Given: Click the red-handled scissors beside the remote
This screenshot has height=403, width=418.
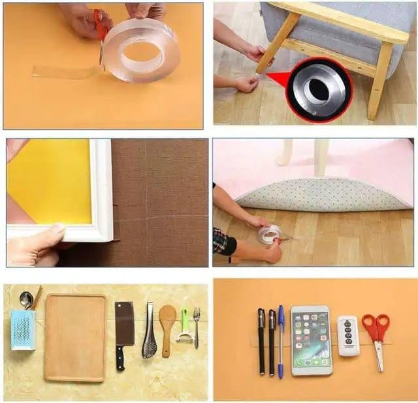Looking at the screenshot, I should [x=376, y=333].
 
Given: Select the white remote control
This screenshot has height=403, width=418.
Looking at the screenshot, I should [x=348, y=335].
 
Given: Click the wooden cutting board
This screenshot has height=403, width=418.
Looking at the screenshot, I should [x=75, y=337].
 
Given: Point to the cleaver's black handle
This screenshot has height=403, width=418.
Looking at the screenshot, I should [x=120, y=358].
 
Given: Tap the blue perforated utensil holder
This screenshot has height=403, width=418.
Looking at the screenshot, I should [x=23, y=329].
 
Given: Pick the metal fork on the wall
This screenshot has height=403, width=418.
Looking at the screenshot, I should [x=196, y=326].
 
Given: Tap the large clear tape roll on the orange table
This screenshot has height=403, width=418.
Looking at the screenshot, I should [x=140, y=50].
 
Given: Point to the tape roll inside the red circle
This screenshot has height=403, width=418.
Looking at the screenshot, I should [x=319, y=90].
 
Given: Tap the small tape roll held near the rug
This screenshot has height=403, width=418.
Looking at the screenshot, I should [x=269, y=234].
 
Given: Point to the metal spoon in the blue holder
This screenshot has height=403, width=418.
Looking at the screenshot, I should [x=25, y=300].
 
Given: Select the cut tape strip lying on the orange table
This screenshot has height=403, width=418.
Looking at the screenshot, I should [x=65, y=71].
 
